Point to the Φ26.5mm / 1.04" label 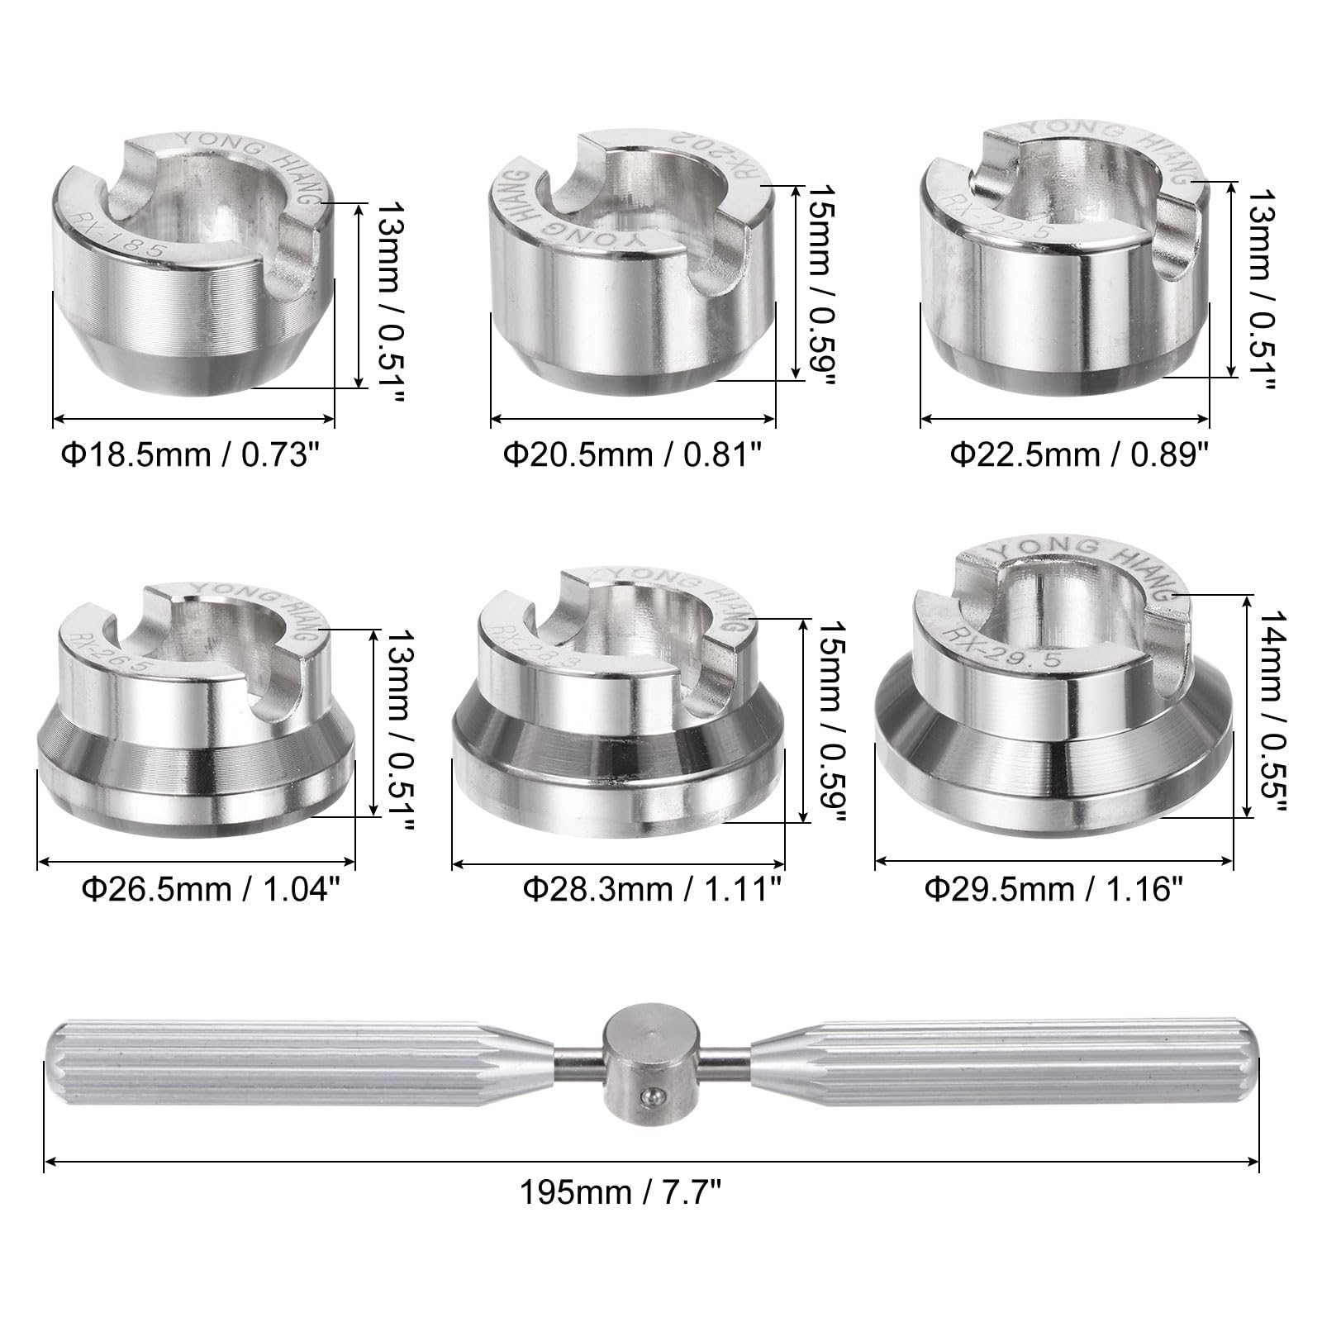[x=211, y=890]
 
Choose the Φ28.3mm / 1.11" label [x=653, y=890]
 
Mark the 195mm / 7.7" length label [x=621, y=1193]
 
